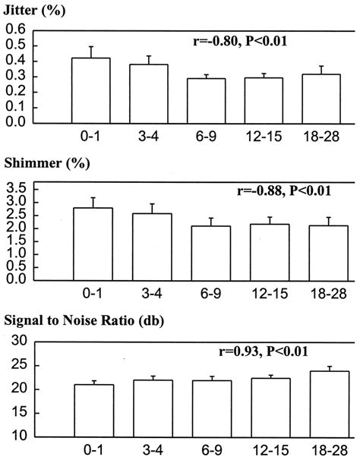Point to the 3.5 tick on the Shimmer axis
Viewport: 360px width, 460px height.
point(15,187)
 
